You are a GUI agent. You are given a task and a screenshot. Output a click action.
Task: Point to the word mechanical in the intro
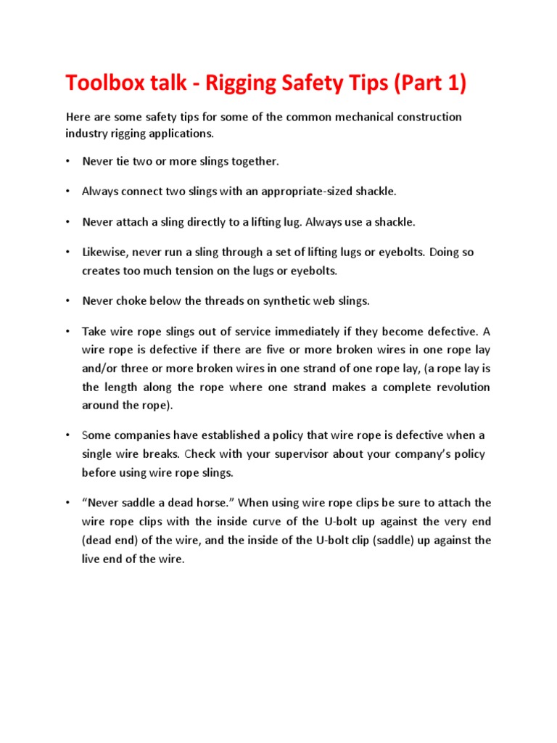pyautogui.click(x=337, y=117)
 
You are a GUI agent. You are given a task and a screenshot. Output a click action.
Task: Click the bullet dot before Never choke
pyautogui.click(x=67, y=300)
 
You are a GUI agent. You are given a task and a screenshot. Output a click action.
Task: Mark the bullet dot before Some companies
pyautogui.click(x=67, y=435)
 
